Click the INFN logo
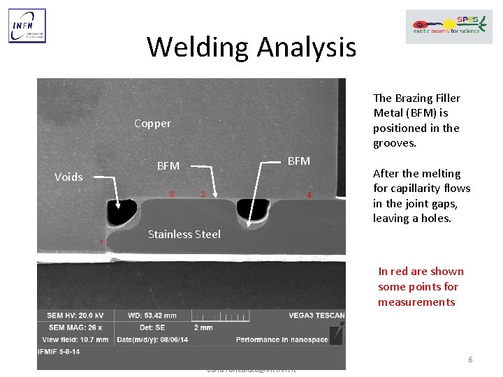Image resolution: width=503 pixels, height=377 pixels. point(27,26)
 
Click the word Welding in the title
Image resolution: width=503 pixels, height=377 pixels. point(198,47)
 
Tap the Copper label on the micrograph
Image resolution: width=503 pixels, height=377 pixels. point(152,124)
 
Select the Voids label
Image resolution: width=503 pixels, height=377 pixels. point(68,177)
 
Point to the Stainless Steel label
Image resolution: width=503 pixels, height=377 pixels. point(184,234)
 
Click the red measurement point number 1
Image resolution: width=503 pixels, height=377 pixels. point(101,242)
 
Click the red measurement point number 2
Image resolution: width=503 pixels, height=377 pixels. point(172,193)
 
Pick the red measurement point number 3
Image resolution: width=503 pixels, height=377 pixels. point(203,193)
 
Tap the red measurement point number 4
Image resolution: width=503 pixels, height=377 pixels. point(309,195)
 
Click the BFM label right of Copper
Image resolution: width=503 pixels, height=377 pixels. point(299,161)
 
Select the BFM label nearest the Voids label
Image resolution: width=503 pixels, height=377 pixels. point(168,166)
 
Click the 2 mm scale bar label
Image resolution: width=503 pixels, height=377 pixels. point(203,327)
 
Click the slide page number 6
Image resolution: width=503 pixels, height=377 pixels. point(470,360)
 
